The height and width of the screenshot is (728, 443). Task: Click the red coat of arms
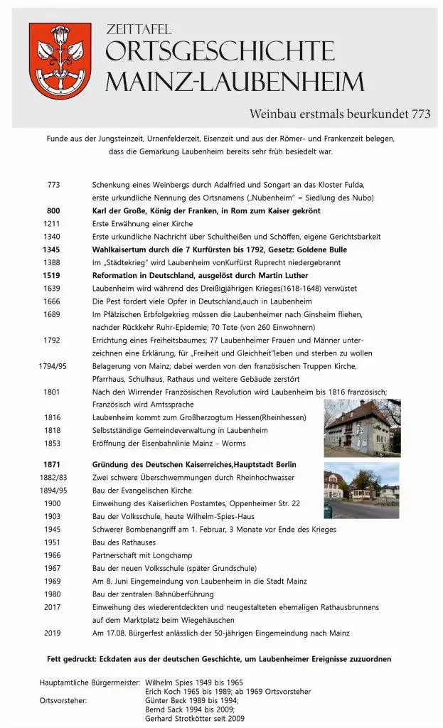pos(60,60)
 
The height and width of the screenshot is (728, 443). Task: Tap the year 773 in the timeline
pos(54,185)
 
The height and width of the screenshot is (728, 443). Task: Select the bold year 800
pos(54,211)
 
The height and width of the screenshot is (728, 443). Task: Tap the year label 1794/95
pos(54,366)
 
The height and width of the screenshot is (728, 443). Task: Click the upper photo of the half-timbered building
pos(362,427)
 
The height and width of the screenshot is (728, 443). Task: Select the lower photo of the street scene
pos(362,491)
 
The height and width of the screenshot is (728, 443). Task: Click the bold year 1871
pos(54,464)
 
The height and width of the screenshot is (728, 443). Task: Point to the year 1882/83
pos(54,477)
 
